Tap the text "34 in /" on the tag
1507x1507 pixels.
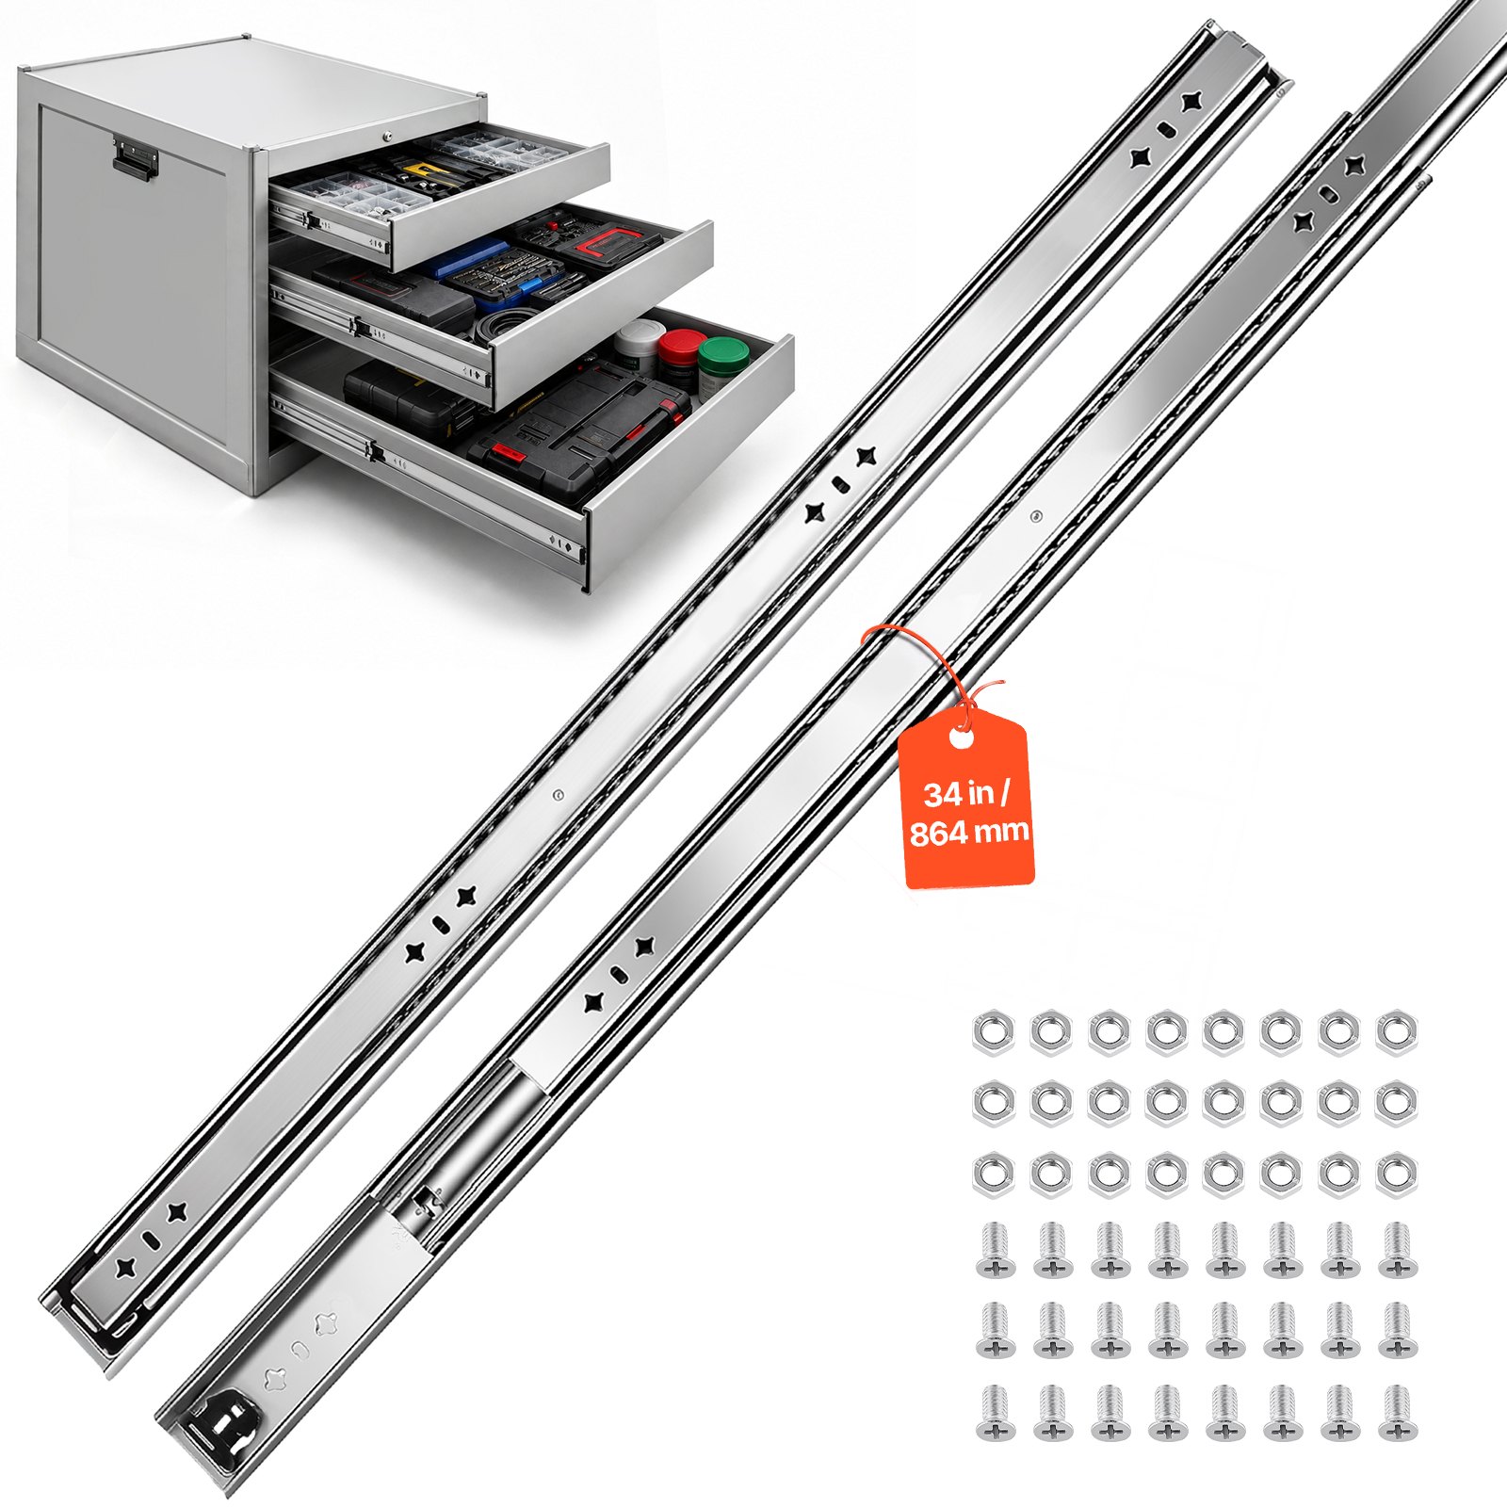coord(966,793)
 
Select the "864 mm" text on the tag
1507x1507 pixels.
coord(969,833)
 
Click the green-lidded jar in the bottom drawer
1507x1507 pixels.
coord(723,361)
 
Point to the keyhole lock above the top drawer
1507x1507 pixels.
coord(387,138)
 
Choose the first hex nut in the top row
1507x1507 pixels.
coord(993,1029)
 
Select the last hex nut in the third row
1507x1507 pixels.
coord(1397,1174)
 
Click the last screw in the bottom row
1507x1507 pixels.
coord(1397,1412)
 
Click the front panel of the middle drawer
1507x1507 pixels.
coord(603,311)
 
